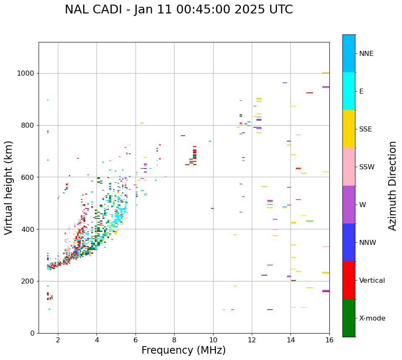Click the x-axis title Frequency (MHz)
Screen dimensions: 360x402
[183, 350]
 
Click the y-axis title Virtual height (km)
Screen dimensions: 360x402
[9, 187]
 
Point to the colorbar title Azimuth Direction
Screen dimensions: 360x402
[392, 186]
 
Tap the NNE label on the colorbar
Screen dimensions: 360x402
[366, 54]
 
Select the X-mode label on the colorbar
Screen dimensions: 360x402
[372, 318]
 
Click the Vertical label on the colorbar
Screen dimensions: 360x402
[372, 281]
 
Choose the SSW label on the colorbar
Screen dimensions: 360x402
[367, 167]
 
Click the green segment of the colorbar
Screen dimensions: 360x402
[349, 318]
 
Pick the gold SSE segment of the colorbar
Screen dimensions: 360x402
[349, 129]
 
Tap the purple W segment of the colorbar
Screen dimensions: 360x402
[349, 205]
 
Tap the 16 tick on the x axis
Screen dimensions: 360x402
[329, 340]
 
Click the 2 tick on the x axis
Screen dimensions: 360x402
[58, 340]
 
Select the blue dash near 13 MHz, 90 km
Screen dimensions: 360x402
[270, 310]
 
